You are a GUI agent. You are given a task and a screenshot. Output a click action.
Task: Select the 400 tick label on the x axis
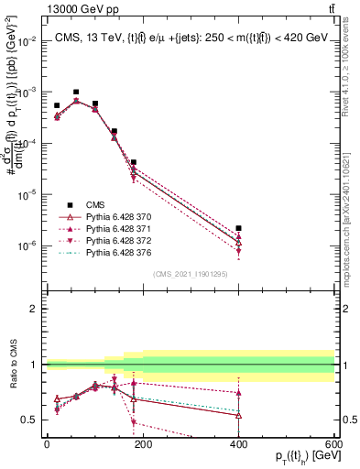pyautogui.click(x=238, y=444)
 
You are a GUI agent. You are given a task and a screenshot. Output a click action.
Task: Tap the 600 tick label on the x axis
pyautogui.click(x=333, y=444)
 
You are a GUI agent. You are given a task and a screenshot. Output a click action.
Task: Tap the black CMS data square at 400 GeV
pyautogui.click(x=238, y=228)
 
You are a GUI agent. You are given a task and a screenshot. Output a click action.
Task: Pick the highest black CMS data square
pyautogui.click(x=76, y=93)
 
